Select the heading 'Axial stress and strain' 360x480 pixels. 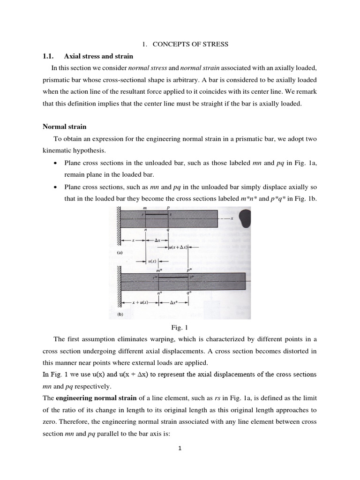click(98, 56)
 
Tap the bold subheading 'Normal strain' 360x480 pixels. click(65, 127)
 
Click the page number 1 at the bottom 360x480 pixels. click(180, 448)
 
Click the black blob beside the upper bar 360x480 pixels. click(247, 218)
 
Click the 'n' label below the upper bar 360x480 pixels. click(146, 230)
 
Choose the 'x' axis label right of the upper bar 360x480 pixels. click(232, 218)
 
